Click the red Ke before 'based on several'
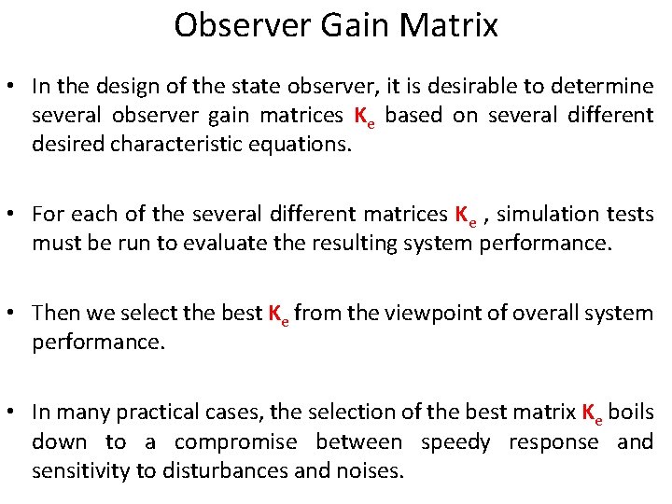364,119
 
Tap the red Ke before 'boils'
592,413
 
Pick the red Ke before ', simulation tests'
466,216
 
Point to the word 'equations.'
301,146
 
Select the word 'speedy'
455,441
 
